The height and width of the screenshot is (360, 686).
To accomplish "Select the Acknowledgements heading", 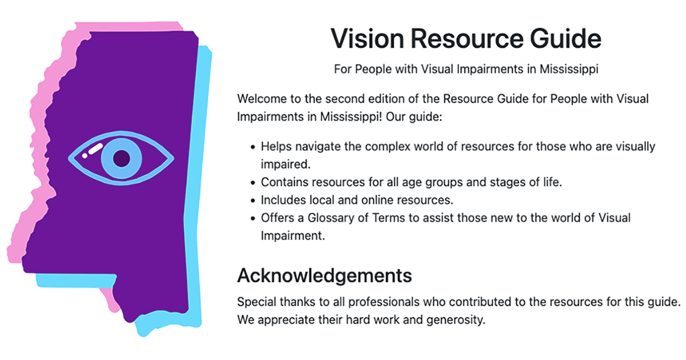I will pos(324,275).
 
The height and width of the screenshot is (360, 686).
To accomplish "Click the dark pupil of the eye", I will pos(121,157).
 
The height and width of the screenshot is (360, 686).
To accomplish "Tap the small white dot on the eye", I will pos(85,155).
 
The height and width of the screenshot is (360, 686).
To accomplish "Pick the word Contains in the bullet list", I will pos(284,183).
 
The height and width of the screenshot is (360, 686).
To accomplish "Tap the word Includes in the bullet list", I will pos(282,201).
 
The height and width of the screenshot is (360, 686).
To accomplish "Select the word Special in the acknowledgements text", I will pos(256,301).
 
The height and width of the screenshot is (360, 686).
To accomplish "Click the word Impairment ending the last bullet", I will pos(293,235).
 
